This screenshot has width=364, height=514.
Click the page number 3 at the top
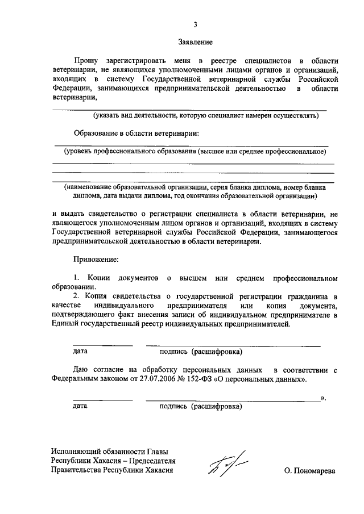(195, 24)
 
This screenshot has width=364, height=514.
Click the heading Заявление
(195, 42)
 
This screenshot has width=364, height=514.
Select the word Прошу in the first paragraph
(86, 60)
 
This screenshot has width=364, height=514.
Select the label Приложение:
(96, 260)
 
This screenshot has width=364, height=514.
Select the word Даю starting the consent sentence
(81, 369)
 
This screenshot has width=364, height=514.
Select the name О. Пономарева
(311, 471)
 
